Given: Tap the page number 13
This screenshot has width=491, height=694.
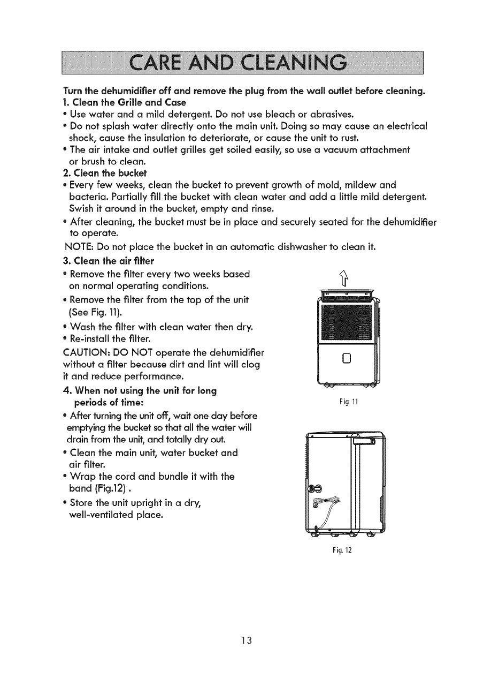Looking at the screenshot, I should click(245, 641).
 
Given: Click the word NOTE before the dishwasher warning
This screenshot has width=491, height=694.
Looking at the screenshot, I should click(79, 247).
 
